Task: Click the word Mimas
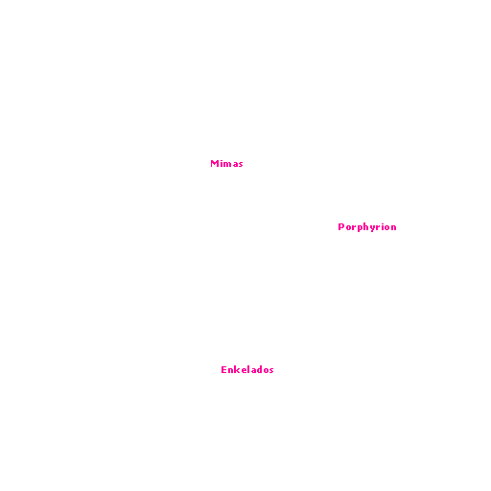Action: click(226, 164)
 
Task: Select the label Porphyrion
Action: click(367, 227)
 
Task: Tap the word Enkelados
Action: click(247, 370)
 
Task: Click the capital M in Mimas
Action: click(214, 164)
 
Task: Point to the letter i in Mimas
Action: click(222, 164)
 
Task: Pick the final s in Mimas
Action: click(241, 165)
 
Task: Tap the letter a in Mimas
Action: click(235, 165)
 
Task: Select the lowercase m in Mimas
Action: click(227, 165)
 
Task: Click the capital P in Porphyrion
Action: click(340, 226)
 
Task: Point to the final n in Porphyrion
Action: click(394, 227)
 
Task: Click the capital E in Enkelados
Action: click(223, 370)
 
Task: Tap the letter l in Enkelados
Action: click(250, 370)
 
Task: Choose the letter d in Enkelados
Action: click(262, 370)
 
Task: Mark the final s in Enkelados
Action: click(271, 371)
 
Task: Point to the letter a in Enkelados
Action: click(255, 371)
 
